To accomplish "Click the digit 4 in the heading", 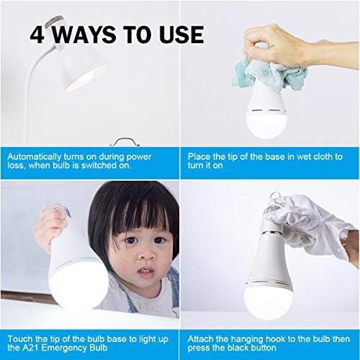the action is (x=37, y=35).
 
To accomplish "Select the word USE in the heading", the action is (x=181, y=35).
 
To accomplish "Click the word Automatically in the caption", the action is (x=35, y=157).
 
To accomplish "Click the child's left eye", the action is (x=160, y=240).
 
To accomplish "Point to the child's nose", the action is (x=147, y=254).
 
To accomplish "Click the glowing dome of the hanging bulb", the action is (x=269, y=301).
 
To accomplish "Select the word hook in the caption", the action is (x=276, y=339).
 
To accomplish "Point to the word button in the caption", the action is (x=264, y=348).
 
